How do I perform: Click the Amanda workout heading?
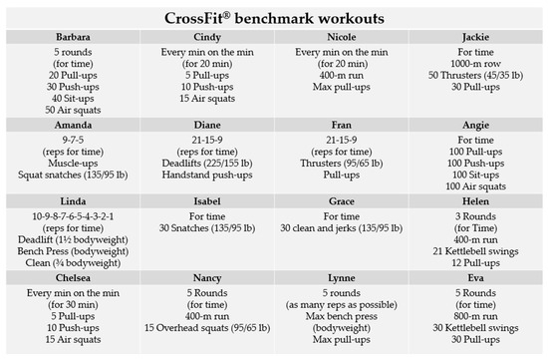pos(71,127)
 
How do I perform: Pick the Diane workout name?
pos(205,127)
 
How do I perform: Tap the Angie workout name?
pos(473,127)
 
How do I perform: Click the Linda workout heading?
pos(71,200)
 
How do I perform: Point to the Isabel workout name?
pos(205,200)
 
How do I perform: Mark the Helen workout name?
pos(473,200)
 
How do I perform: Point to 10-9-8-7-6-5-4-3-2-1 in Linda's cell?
pos(71,214)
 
